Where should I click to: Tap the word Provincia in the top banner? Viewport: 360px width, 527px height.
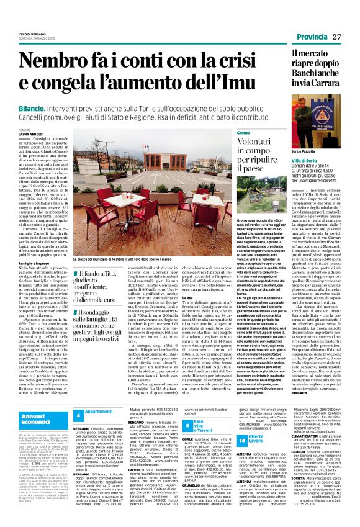pos(312,37)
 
